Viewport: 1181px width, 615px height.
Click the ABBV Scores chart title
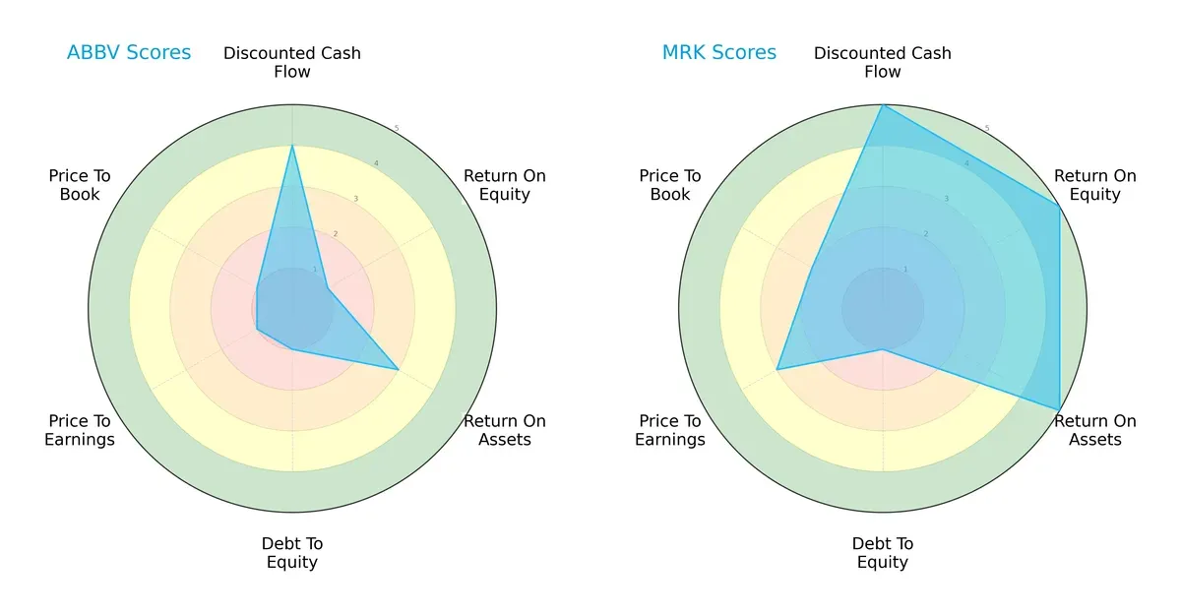[129, 52]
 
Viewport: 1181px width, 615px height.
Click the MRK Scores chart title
[719, 52]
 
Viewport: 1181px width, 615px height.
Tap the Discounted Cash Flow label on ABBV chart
[292, 62]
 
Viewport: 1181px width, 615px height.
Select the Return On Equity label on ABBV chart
[505, 185]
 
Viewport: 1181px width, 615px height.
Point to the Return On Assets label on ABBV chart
[505, 430]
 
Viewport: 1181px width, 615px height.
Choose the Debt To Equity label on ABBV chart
[292, 553]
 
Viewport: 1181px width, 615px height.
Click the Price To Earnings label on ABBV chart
[80, 430]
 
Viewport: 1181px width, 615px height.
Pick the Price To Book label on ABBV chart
[80, 185]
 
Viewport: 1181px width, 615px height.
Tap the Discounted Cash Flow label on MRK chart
[883, 62]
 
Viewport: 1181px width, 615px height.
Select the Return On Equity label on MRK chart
[1095, 185]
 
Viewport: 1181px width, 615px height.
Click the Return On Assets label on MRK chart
[1095, 430]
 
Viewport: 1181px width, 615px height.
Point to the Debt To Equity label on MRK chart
[883, 553]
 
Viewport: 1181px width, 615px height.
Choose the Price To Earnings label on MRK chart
[670, 430]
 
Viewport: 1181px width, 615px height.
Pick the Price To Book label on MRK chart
[670, 185]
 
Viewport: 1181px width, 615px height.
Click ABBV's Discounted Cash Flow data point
[292, 146]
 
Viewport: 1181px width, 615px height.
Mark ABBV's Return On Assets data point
[398, 369]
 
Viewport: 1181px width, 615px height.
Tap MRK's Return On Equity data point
[1059, 207]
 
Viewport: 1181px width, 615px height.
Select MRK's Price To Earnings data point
[777, 369]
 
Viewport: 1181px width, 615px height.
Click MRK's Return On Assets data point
[1059, 409]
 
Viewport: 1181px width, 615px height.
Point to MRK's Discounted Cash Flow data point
[883, 105]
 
